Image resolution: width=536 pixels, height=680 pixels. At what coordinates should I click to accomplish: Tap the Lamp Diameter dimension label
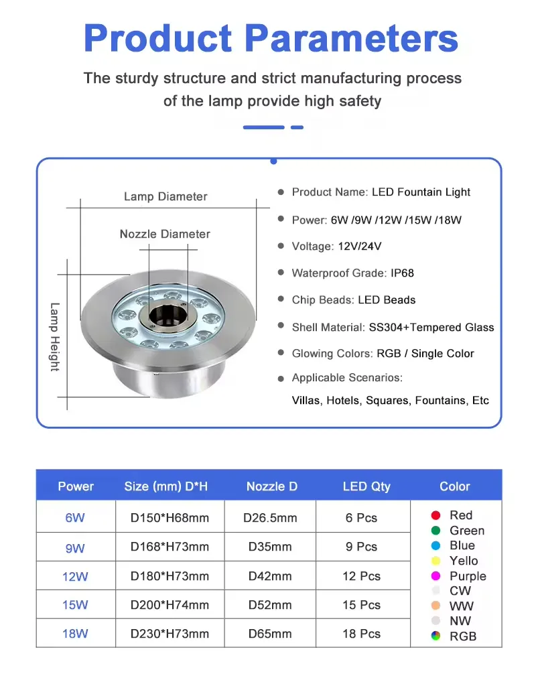pos(165,196)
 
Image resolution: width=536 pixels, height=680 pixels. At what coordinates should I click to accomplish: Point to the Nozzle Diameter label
pos(165,234)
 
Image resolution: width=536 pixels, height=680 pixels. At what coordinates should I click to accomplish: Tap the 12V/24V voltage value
pos(360,246)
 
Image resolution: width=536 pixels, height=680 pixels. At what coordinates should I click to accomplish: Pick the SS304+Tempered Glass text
pos(431,327)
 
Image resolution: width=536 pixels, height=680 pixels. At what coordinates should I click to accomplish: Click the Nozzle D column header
pos(271,486)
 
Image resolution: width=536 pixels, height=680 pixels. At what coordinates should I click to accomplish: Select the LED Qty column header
pos(366,486)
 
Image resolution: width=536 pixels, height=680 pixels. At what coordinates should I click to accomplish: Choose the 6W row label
pos(75,518)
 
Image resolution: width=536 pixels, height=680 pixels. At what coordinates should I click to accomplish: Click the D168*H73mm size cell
pos(170,547)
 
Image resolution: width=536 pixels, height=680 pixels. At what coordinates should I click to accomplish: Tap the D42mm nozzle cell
pos(270,575)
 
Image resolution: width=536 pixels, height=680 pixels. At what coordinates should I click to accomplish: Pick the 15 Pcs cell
pos(361,604)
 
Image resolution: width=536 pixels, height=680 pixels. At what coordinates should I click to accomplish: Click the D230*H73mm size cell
pos(170,633)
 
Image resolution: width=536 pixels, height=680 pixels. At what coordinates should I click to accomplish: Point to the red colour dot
pos(435,515)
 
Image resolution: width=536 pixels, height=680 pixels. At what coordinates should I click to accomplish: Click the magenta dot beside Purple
pos(435,575)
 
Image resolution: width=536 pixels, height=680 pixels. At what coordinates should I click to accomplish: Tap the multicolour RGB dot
pos(435,636)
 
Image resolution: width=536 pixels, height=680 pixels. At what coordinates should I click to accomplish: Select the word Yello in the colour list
pos(464,561)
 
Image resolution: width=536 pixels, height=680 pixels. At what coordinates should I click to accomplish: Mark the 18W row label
pos(75,633)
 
